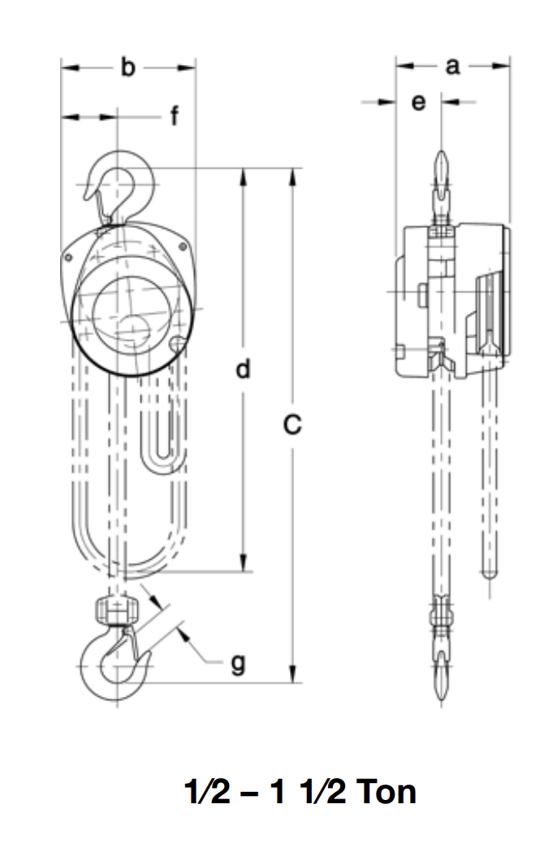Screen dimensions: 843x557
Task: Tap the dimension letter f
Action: [174, 118]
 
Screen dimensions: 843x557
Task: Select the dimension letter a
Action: [452, 67]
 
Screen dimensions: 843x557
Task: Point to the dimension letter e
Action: [418, 103]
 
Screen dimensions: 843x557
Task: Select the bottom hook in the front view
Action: [119, 660]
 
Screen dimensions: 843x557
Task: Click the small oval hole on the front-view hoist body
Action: [176, 343]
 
